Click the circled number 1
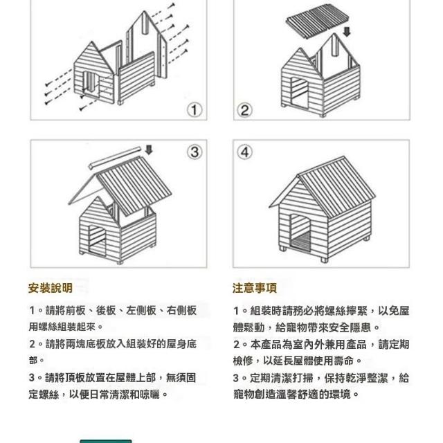coord(195,109)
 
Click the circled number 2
coord(244,109)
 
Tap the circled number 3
coord(195,152)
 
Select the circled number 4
coord(244,152)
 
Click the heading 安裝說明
coord(51,288)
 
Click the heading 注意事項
coord(255,288)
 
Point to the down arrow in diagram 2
coord(347,31)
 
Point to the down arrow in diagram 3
coord(149,150)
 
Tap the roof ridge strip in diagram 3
coord(115,158)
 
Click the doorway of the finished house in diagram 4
coord(300,233)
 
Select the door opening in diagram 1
coord(91,84)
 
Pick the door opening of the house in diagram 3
coord(97,240)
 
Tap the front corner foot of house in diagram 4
coord(324,260)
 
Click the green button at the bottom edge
coord(106,441)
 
